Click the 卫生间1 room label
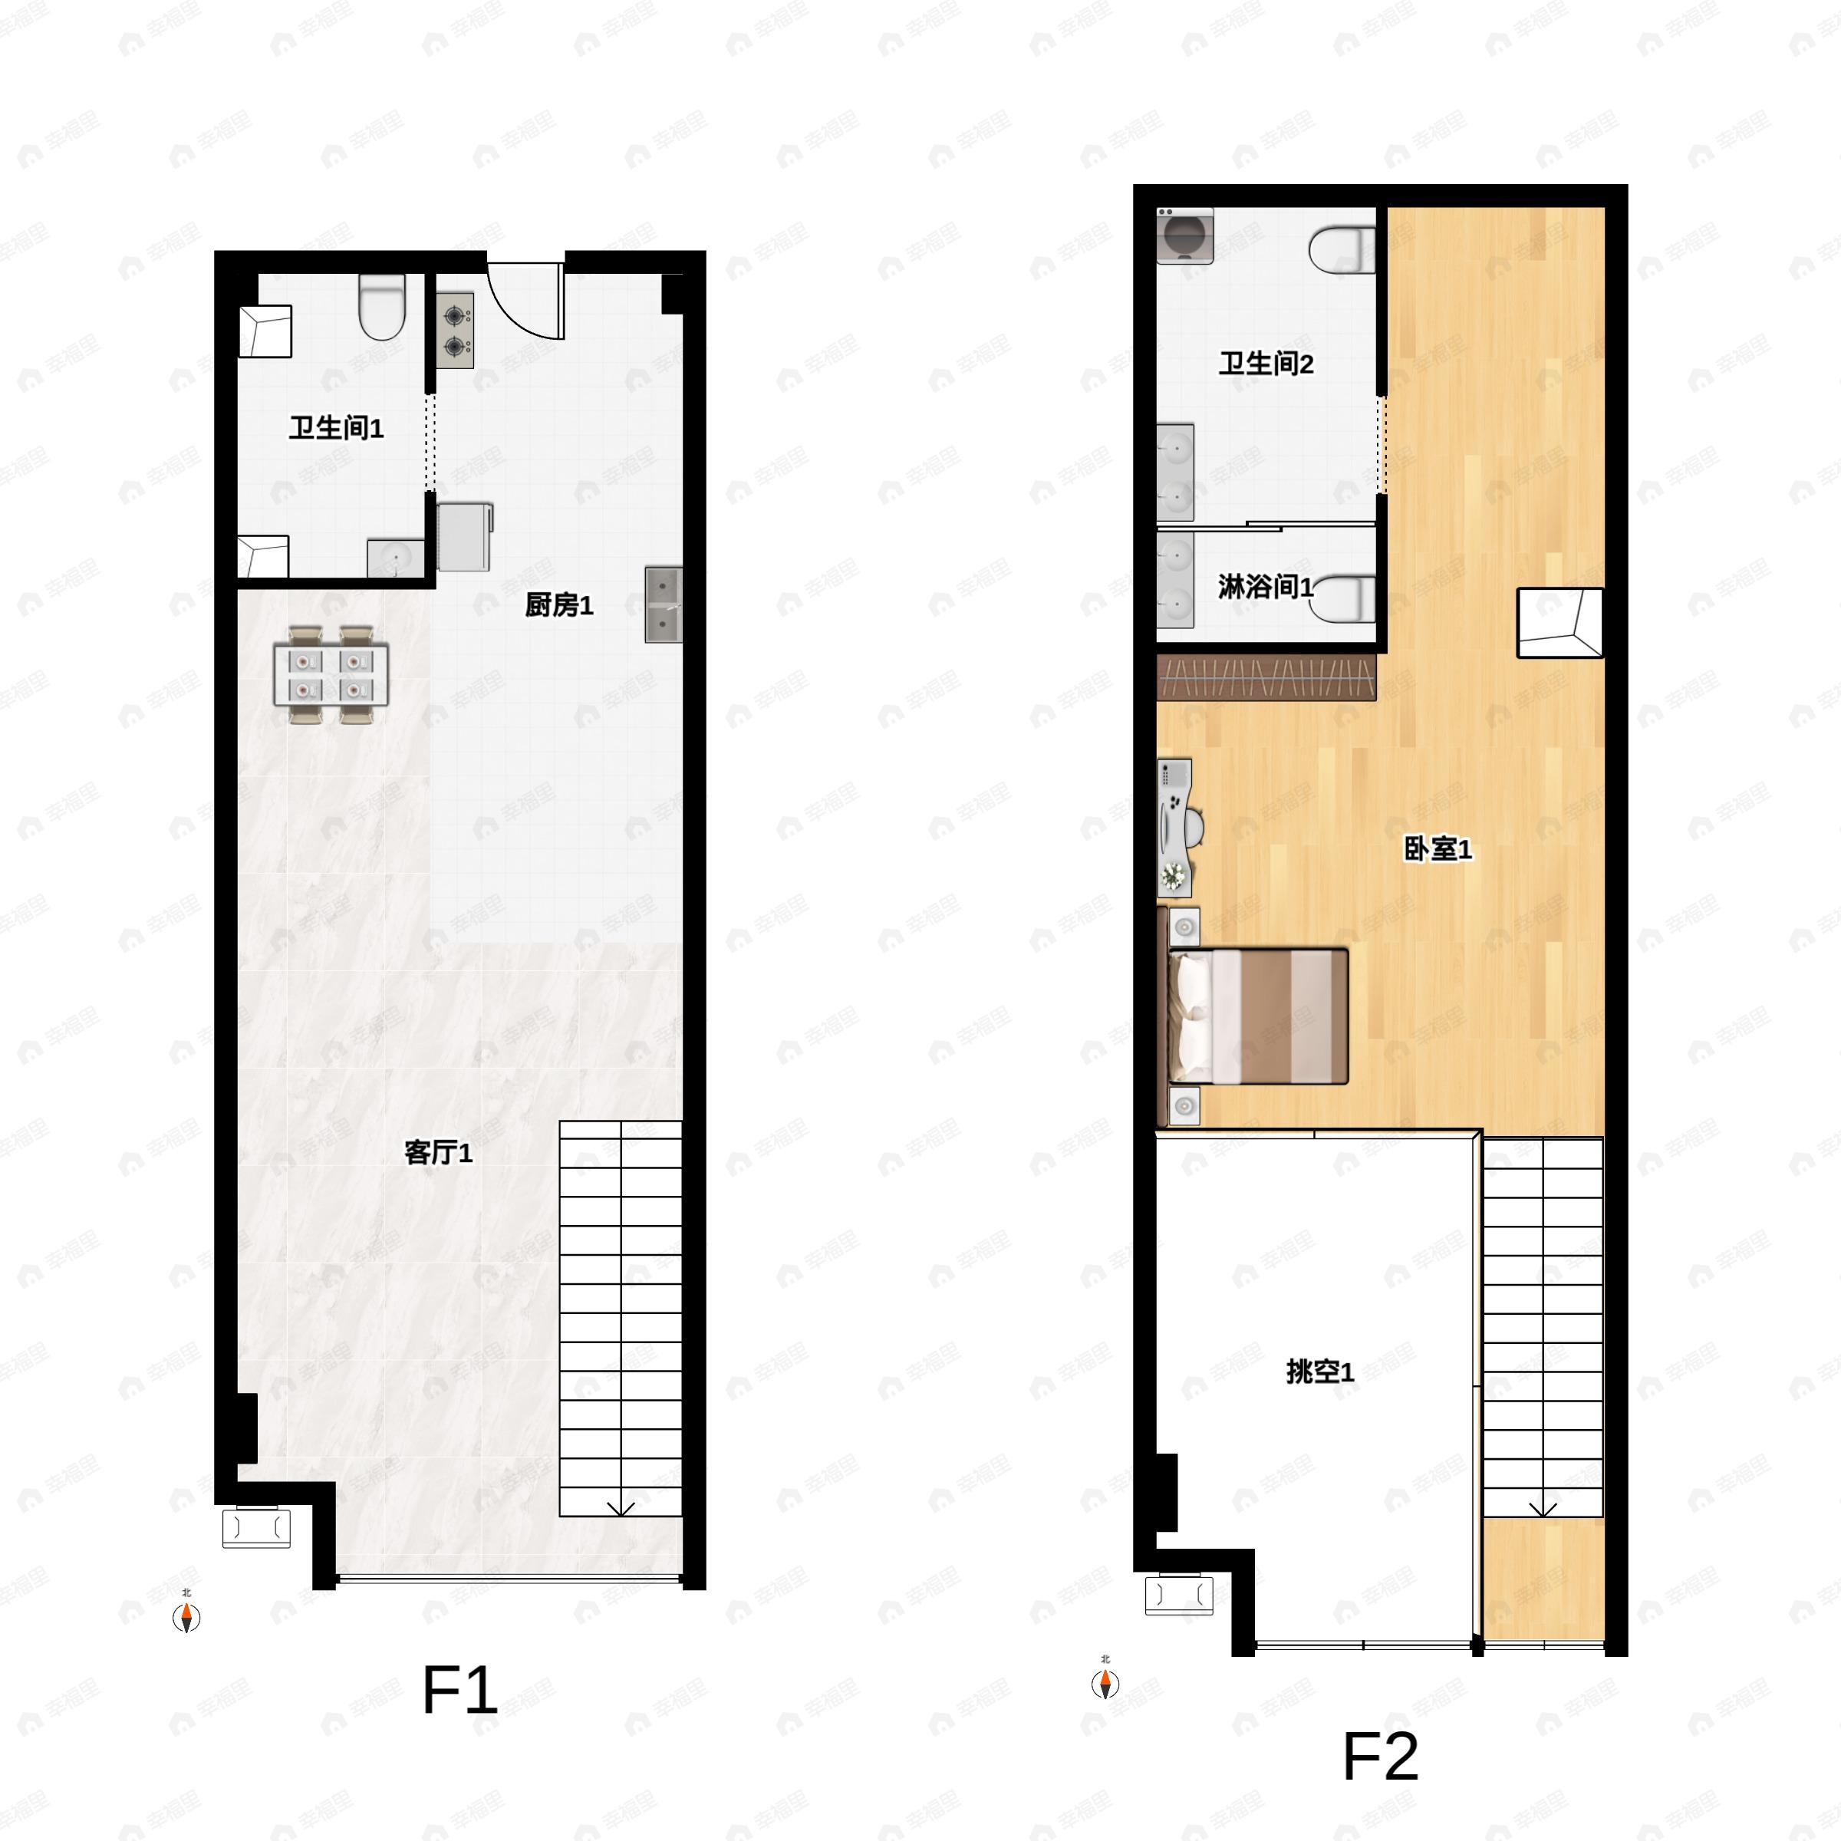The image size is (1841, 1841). (337, 428)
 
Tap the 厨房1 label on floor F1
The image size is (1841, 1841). (559, 604)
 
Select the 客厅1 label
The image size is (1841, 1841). (438, 1153)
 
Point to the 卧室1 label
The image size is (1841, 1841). (1438, 848)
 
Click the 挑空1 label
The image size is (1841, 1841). (1319, 1372)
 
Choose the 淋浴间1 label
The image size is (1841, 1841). (1266, 586)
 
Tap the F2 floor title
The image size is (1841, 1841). (1380, 1755)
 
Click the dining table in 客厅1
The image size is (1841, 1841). (331, 675)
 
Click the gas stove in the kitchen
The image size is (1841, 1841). (456, 330)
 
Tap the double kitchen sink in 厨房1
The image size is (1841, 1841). (664, 604)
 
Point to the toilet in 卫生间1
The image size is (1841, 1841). (382, 307)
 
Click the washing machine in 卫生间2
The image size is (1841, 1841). (1185, 235)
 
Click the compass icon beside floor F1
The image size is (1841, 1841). (186, 1617)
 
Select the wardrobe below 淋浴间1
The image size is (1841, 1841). (1266, 677)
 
